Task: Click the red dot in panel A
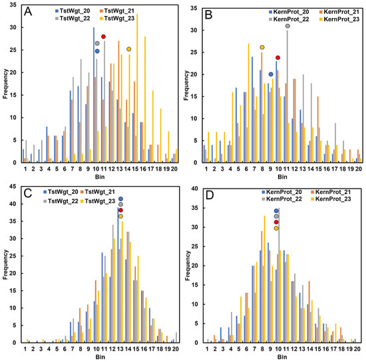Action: [103, 37]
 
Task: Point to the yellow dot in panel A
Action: [128, 49]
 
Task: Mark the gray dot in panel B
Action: [287, 26]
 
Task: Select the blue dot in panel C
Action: [120, 199]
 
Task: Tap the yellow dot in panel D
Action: [276, 228]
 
